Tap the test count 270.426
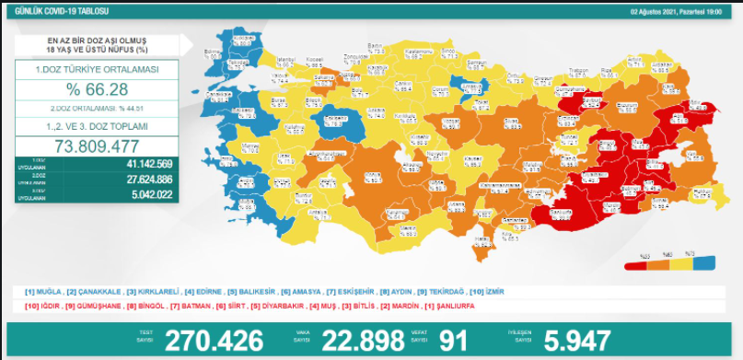click(214, 340)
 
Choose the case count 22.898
click(364, 340)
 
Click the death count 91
click(454, 340)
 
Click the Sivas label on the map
click(512, 120)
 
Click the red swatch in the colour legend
click(635, 264)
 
